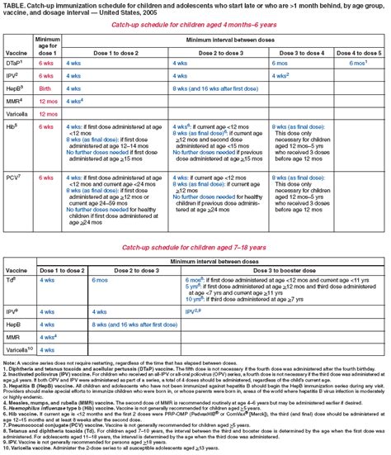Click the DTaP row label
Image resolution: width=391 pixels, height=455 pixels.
pyautogui.click(x=17, y=62)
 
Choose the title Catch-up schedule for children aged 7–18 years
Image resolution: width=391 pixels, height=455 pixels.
pyautogui.click(x=195, y=224)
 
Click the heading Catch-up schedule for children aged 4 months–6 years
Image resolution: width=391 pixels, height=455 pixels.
pyautogui.click(x=195, y=26)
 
